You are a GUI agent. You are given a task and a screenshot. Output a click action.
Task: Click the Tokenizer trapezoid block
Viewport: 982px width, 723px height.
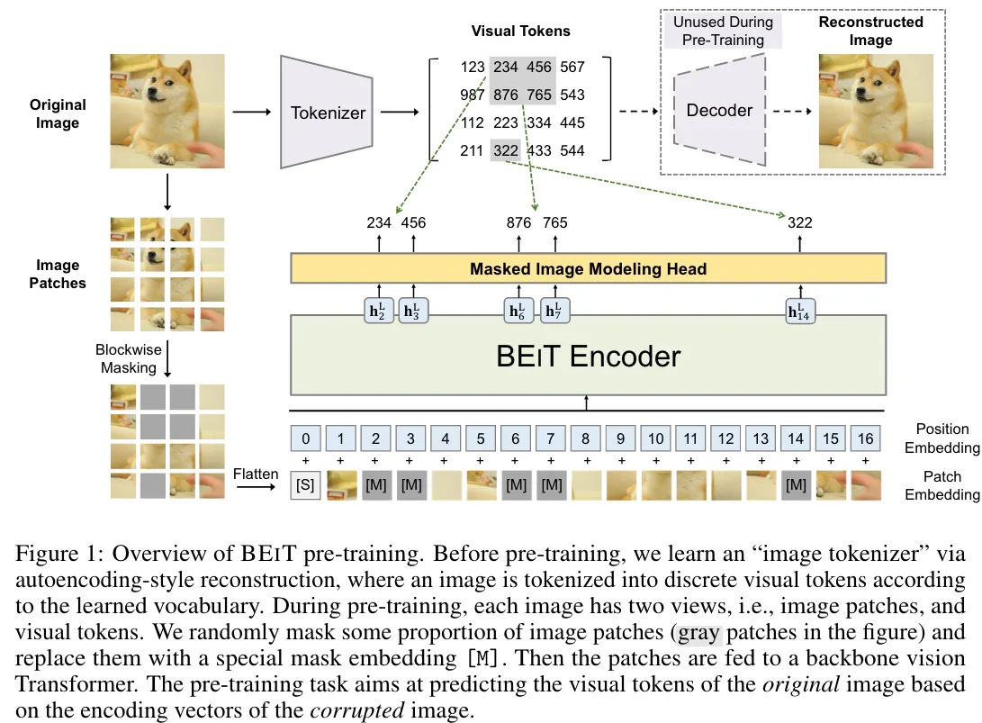(328, 113)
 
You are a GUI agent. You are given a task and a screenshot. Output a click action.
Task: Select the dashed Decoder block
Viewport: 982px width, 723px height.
(719, 110)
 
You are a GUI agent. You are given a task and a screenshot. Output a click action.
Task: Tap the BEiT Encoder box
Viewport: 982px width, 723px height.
(587, 356)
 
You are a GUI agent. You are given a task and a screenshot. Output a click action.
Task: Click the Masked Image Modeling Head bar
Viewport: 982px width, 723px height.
(587, 268)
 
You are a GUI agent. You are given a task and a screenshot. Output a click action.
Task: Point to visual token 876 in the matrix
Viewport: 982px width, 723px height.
(506, 95)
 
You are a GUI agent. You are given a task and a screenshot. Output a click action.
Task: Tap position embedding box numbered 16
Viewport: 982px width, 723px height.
(866, 438)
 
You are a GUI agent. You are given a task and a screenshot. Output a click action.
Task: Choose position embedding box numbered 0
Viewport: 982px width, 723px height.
(307, 438)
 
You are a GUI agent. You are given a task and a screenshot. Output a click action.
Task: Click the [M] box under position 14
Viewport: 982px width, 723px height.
(796, 485)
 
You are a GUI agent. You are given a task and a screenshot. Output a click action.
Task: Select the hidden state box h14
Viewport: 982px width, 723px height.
(800, 312)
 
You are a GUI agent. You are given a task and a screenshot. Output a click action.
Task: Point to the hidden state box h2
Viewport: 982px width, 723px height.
(379, 312)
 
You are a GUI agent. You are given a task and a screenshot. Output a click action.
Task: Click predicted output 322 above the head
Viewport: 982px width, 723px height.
(799, 222)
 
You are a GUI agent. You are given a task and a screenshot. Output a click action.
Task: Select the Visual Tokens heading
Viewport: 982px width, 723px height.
(520, 31)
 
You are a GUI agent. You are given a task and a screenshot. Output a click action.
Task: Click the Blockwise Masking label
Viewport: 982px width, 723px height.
(126, 358)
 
